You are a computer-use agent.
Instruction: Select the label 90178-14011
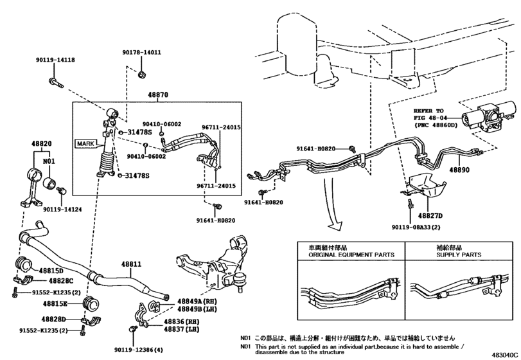(x=142, y=53)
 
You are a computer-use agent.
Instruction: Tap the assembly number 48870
(x=158, y=94)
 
